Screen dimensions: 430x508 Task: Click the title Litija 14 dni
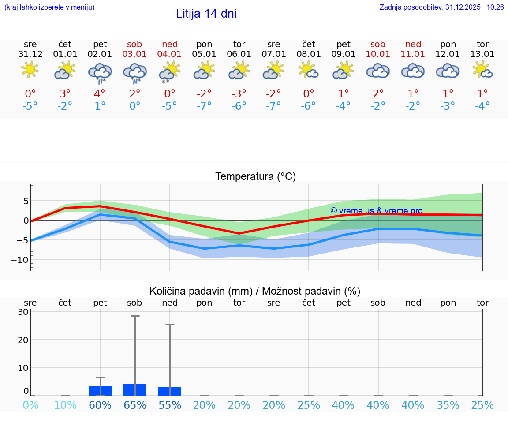click(206, 14)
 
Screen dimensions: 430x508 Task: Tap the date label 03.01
click(134, 54)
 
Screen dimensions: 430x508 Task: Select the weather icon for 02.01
click(100, 72)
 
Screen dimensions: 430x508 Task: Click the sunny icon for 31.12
click(30, 70)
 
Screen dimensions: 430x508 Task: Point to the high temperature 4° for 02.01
click(100, 94)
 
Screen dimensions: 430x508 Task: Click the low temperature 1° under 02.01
click(100, 106)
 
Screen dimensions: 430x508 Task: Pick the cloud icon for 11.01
click(413, 71)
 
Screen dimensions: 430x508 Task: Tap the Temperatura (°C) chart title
click(255, 177)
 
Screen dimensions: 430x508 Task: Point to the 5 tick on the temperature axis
click(26, 201)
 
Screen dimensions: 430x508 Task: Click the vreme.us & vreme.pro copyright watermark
click(376, 211)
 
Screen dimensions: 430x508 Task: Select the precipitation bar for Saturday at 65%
click(134, 390)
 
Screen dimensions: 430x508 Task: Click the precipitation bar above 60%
click(100, 391)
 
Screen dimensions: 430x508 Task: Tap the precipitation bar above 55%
click(169, 391)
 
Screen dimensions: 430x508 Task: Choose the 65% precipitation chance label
click(134, 405)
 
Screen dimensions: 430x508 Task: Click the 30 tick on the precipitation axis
click(23, 312)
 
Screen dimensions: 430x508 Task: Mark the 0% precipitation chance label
click(30, 405)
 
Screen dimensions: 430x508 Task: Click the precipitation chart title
click(255, 291)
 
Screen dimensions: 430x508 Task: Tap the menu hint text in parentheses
click(49, 7)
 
